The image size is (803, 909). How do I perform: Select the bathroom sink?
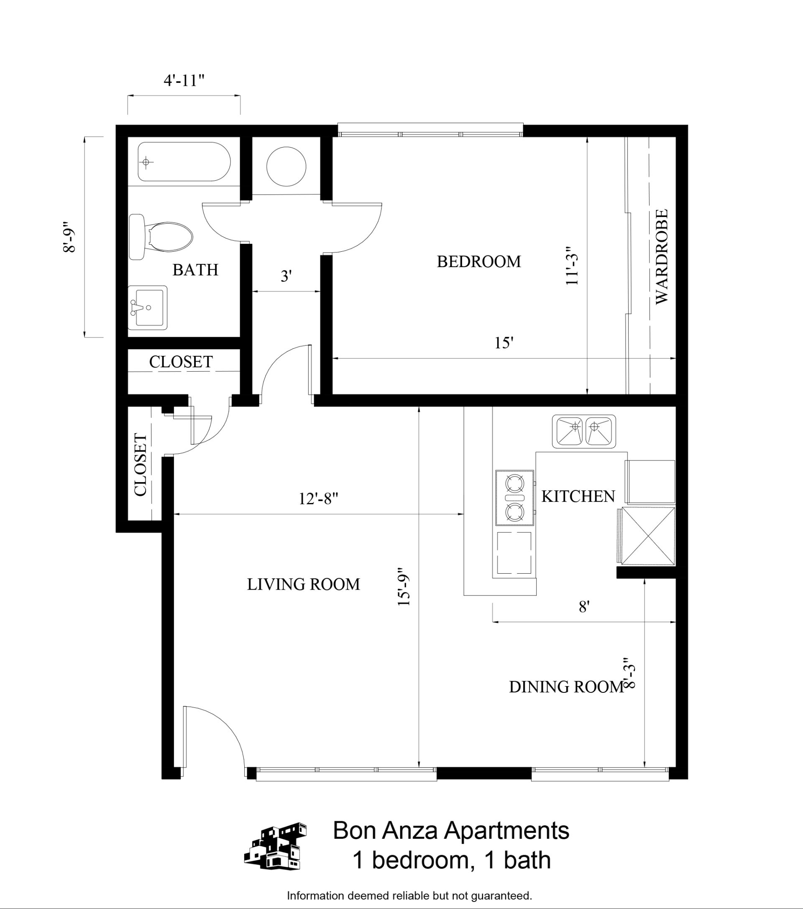pos(148,307)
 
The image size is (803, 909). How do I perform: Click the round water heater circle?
pos(286,167)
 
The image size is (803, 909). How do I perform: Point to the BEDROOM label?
pos(479,261)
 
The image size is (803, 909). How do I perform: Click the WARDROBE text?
pos(662,257)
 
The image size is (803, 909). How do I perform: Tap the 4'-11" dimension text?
pos(184,81)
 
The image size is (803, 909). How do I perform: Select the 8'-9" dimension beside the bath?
pos(69,237)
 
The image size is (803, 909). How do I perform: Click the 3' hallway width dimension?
pos(286,276)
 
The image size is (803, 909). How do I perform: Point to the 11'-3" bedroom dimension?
pos(572,266)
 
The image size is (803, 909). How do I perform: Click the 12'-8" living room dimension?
pos(318,498)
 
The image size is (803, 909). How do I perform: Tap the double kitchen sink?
pos(584,432)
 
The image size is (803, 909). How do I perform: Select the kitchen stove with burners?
pos(515,497)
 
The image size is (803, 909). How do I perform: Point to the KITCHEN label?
pos(578,496)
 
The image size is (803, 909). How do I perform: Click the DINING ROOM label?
pos(566,687)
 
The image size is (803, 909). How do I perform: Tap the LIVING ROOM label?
pos(303,585)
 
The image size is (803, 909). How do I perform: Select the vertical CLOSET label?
pos(140,464)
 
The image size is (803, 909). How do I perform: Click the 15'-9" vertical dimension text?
pos(404,587)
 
